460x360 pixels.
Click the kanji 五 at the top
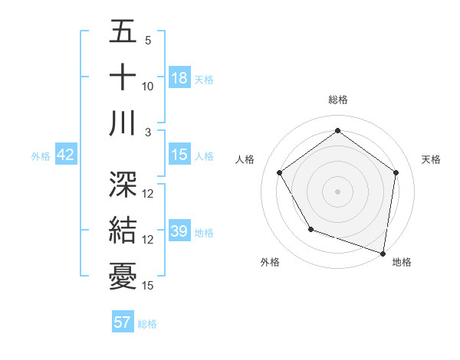point(123,33)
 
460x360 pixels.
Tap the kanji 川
point(123,123)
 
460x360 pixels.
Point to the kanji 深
point(123,184)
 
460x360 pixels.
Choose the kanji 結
point(123,230)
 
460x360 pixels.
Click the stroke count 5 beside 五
point(147,41)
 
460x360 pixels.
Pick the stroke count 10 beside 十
point(148,86)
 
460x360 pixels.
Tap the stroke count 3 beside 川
point(147,132)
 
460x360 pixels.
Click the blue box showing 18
point(179,77)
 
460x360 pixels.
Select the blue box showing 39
point(179,231)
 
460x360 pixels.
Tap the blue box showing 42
point(66,155)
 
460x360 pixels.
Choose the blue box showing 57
point(123,322)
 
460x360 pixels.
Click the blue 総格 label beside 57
point(147,324)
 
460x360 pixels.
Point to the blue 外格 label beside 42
point(41,156)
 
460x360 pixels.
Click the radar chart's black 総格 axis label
point(337,100)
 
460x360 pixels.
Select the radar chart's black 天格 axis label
point(432,159)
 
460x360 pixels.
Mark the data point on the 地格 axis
point(383,253)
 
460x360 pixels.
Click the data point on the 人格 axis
point(279,172)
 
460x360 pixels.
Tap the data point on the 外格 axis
point(310,228)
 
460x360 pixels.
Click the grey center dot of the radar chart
point(337,191)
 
